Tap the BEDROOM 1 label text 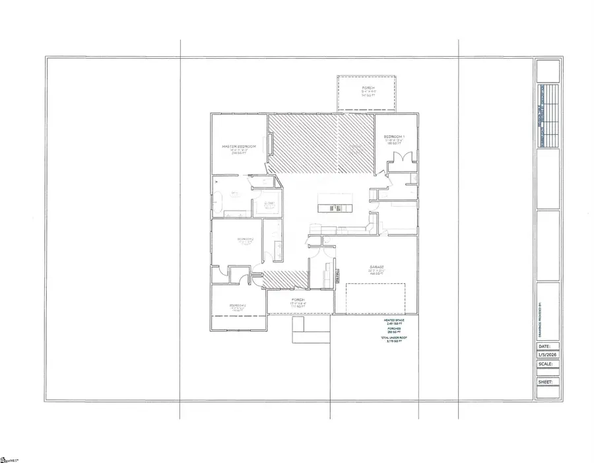pyautogui.click(x=398, y=137)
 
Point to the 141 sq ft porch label pyautogui.click(x=368, y=91)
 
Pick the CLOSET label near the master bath pyautogui.click(x=269, y=204)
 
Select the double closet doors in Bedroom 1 pyautogui.click(x=401, y=159)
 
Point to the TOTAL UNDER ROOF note pyautogui.click(x=393, y=339)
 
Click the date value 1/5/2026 pyautogui.click(x=548, y=354)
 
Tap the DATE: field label pyautogui.click(x=544, y=345)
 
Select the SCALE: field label pyautogui.click(x=545, y=363)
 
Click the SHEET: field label pyautogui.click(x=545, y=381)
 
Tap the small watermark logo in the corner pyautogui.click(x=9, y=458)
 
